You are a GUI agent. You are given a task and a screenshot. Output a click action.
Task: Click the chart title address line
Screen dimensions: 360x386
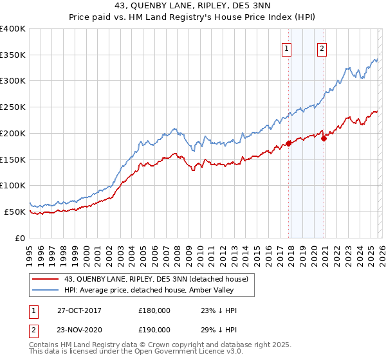(192, 6)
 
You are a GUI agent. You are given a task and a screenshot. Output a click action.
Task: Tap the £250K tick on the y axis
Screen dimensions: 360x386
(13, 107)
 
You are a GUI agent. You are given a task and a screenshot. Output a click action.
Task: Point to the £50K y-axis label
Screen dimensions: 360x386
(14, 212)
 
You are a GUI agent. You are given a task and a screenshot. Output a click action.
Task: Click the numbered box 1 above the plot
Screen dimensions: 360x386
(286, 47)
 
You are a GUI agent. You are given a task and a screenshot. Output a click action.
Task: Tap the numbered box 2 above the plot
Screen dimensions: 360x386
(322, 47)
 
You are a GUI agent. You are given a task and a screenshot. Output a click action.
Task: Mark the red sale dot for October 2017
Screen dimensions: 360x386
(288, 143)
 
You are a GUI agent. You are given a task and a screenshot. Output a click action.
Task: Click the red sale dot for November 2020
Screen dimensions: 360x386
(324, 138)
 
